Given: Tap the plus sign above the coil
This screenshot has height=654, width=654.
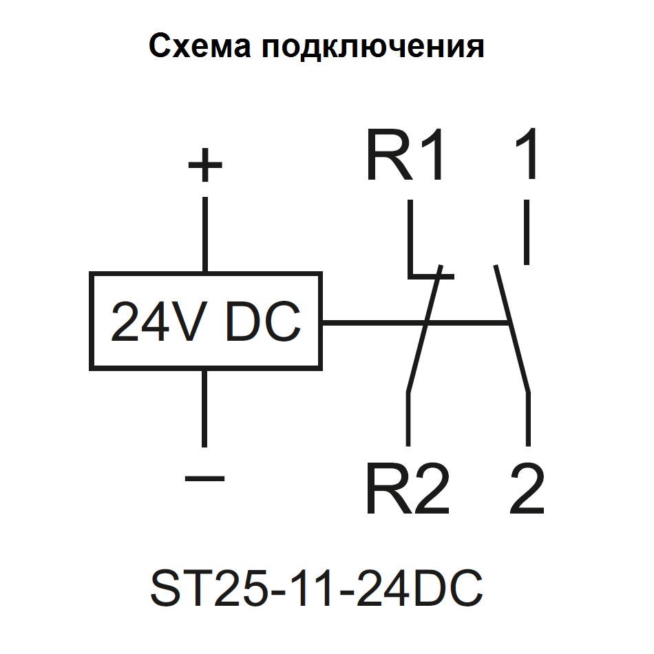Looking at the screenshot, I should click(204, 166).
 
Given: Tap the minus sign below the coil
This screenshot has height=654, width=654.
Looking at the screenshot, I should click(205, 477).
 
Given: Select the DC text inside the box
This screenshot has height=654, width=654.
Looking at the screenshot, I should click(263, 321).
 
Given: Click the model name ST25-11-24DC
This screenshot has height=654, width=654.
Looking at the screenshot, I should click(317, 587).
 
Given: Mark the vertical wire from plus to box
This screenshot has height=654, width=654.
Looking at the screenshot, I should click(204, 234).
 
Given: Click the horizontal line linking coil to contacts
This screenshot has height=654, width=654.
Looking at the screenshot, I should click(413, 322).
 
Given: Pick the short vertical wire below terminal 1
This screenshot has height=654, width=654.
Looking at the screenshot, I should click(527, 232).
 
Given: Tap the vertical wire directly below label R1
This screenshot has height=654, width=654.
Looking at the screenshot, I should click(410, 238).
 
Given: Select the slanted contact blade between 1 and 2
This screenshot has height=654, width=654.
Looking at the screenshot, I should click(511, 328).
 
